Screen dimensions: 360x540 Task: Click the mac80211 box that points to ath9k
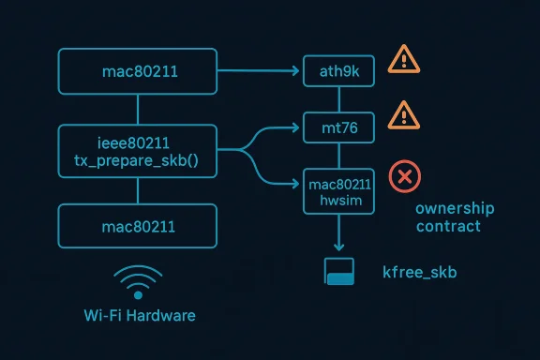tap(138, 69)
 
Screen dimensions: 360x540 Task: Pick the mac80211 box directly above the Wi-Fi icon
tap(138, 226)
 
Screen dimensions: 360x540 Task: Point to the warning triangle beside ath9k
tap(403, 58)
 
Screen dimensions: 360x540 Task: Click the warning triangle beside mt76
tap(403, 114)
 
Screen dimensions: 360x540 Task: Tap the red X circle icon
tap(405, 175)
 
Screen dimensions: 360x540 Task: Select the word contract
tap(449, 226)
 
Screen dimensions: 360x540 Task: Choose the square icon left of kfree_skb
tap(337, 271)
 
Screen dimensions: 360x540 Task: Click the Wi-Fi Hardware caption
tap(138, 315)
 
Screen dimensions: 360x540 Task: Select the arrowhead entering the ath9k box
tap(300, 69)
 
